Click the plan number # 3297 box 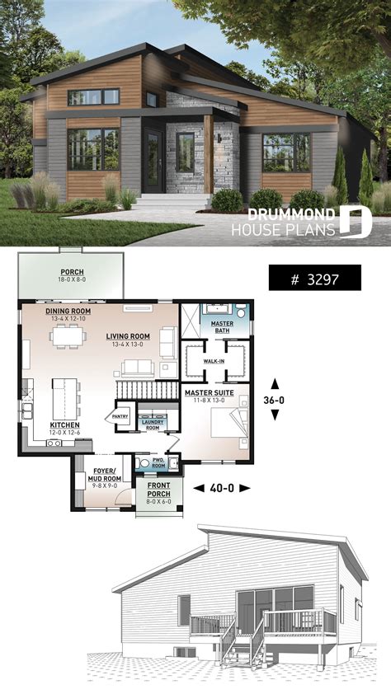[x=313, y=278]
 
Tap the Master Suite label [x=208, y=393]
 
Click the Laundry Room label [x=153, y=424]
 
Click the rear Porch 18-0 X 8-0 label [x=70, y=274]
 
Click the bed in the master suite [x=226, y=424]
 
